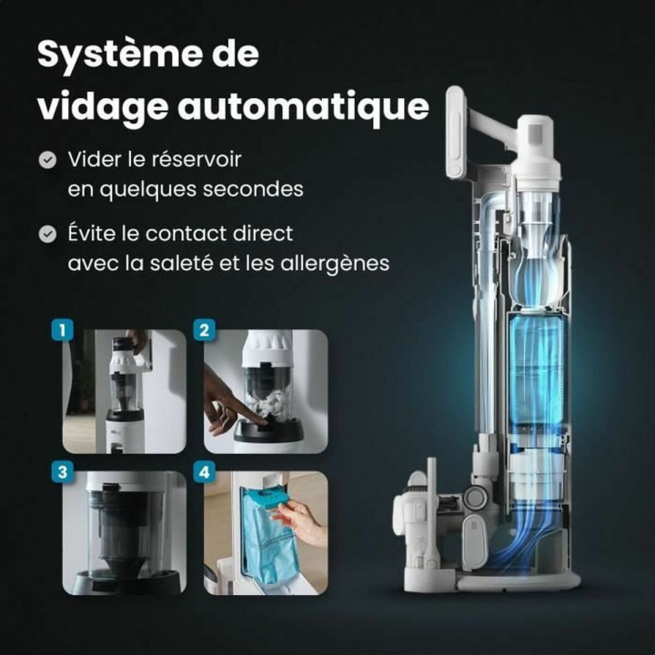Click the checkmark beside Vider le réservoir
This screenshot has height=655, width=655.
tap(47, 160)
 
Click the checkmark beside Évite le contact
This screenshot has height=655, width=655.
tap(47, 234)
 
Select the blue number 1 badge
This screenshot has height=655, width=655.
tap(62, 329)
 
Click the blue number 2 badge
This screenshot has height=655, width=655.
tap(204, 329)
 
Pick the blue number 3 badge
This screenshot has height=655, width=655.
tap(62, 472)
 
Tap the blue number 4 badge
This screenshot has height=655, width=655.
tap(204, 472)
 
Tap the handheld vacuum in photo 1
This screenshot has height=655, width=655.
tap(124, 373)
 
